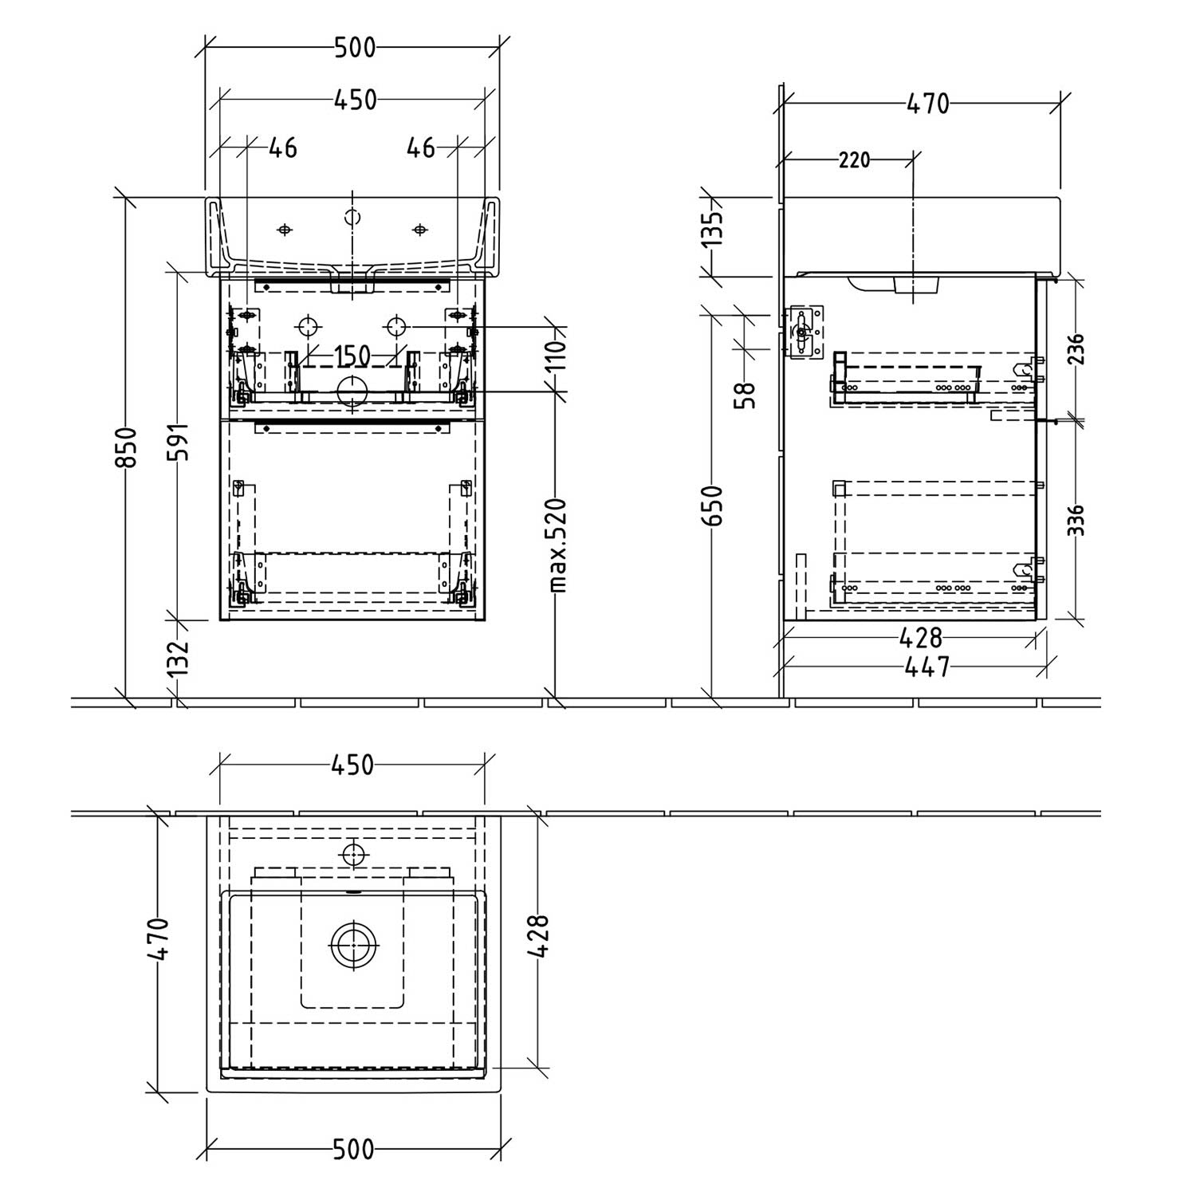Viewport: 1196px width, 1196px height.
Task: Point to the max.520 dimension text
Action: tap(558, 546)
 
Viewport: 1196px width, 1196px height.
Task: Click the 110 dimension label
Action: tap(558, 352)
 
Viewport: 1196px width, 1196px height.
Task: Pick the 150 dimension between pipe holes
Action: tap(352, 356)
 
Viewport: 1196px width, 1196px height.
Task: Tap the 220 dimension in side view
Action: tap(853, 160)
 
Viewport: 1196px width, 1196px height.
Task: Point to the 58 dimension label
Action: tap(747, 395)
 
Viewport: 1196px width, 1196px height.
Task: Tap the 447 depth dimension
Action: tap(928, 667)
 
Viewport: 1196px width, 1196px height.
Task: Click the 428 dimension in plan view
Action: tap(539, 936)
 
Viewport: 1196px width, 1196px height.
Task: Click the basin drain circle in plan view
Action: tap(352, 946)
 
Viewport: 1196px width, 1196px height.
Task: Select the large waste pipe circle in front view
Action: tap(352, 391)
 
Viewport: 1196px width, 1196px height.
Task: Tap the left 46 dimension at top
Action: tap(282, 148)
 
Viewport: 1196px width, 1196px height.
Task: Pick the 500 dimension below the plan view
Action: tap(352, 1149)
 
